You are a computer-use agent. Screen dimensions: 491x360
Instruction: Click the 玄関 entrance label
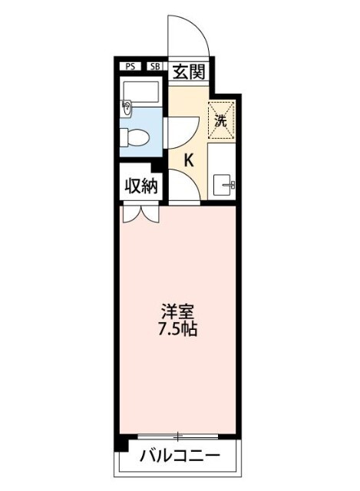click(x=187, y=73)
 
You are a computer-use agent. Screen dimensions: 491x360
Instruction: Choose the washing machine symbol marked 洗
click(x=220, y=119)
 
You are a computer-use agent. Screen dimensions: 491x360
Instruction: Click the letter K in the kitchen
click(x=188, y=160)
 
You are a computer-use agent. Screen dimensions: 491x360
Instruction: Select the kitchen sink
click(x=226, y=184)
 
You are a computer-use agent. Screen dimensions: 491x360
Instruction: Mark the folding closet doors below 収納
click(x=140, y=214)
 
